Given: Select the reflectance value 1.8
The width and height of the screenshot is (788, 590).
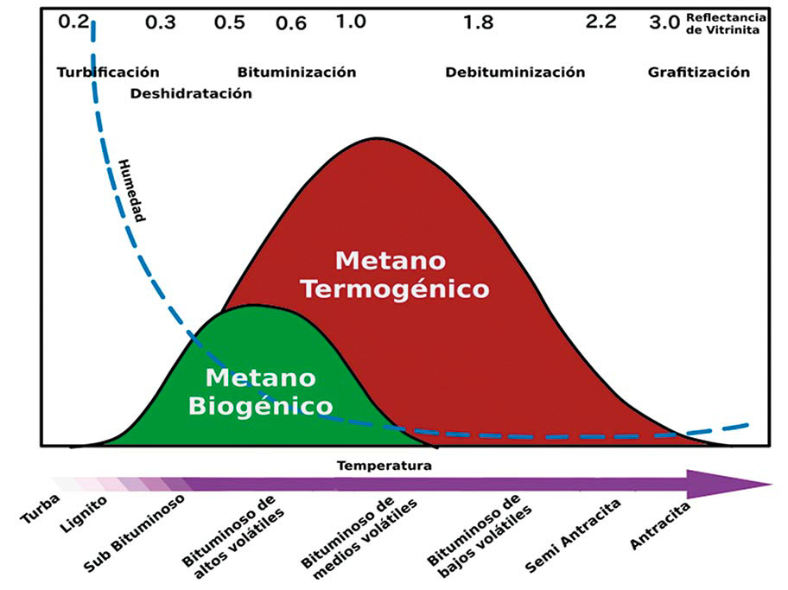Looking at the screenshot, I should pos(478,22).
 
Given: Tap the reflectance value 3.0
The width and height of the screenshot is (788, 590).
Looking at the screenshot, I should pos(664,22).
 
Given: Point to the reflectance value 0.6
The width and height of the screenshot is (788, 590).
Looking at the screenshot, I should pos(291,23).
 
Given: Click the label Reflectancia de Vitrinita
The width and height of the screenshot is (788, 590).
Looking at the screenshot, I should pos(725,22).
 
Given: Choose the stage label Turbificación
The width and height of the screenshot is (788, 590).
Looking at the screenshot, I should pos(108,73).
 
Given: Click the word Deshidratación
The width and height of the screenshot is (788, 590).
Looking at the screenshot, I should pos(191,93).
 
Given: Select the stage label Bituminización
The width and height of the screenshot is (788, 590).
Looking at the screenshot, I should pos(296,73).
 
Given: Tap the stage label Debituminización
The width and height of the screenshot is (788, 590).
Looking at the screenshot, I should pos(515,73).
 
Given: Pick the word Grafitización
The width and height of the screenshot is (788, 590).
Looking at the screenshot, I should pos(699,73).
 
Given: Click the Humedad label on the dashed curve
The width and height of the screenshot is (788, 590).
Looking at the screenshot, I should pos(132,189).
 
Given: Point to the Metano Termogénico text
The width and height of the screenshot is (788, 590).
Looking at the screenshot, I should pos(394,274).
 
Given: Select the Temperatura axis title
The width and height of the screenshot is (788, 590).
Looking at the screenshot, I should pos(384,466).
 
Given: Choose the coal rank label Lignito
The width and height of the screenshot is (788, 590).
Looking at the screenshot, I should pos(86,513).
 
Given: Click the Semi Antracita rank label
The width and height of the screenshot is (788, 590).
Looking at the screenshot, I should pos(562,541).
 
